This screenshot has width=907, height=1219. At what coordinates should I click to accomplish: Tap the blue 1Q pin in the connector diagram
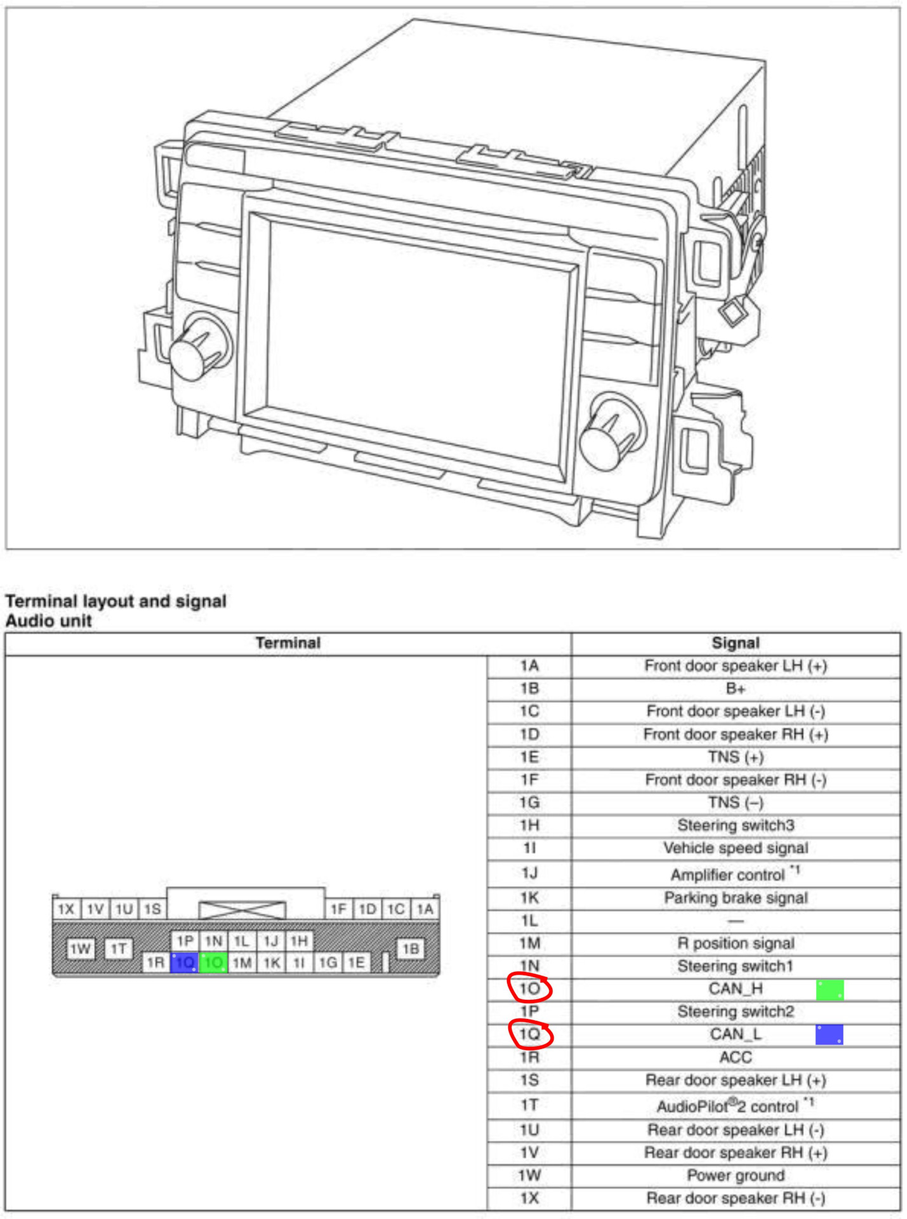[185, 963]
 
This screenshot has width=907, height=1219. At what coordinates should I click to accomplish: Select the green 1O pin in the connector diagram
[213, 963]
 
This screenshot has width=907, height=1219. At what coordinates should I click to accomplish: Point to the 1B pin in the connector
[411, 949]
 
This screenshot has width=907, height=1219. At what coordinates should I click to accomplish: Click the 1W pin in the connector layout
[81, 949]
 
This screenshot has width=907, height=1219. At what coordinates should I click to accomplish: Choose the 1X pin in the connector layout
[67, 909]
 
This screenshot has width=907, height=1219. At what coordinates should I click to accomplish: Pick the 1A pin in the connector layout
[425, 909]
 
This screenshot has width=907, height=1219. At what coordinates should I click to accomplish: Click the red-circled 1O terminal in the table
[530, 989]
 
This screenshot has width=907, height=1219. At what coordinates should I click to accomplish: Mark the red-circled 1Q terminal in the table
[531, 1034]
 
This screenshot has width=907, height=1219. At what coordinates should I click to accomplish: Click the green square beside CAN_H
[830, 990]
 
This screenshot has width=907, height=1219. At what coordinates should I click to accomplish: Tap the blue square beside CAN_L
[830, 1034]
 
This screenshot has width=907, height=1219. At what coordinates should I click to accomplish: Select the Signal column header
[736, 643]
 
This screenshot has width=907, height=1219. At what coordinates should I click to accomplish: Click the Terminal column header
[288, 643]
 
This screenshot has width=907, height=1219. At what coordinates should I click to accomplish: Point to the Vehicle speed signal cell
[736, 848]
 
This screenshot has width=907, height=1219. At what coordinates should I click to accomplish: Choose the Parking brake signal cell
[736, 898]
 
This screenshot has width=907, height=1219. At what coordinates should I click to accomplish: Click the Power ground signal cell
[736, 1175]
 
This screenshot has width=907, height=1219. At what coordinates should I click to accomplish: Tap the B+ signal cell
[736, 689]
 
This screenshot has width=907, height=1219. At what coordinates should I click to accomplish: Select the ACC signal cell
[736, 1057]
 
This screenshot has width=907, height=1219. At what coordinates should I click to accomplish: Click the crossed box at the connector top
[242, 910]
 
